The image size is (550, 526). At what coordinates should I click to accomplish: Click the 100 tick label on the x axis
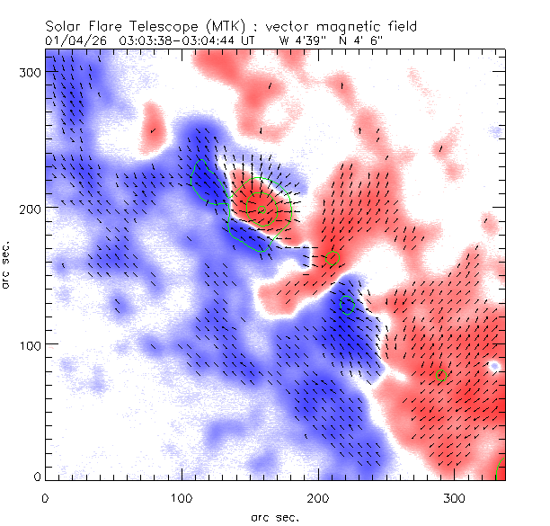(x=181, y=497)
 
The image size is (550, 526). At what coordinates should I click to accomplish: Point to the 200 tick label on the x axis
(x=317, y=497)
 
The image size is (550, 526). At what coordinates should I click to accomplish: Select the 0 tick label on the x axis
(x=45, y=497)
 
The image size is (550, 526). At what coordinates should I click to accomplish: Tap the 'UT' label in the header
(x=249, y=40)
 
